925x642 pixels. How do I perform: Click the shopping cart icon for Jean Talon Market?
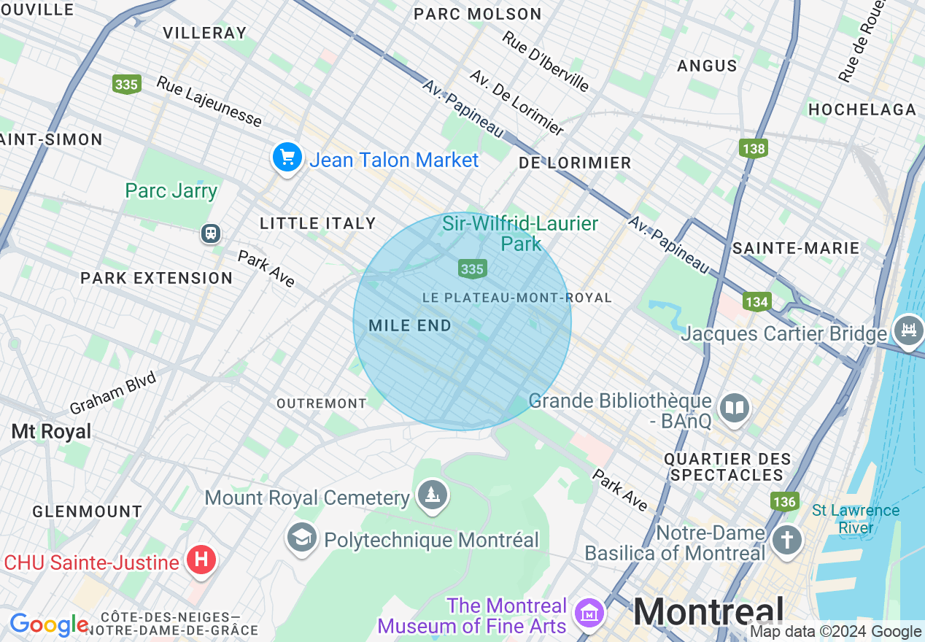click(x=287, y=157)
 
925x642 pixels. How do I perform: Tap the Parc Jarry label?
click(x=171, y=191)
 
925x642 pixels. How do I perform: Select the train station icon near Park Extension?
click(x=211, y=233)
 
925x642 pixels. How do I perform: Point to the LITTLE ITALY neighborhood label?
click(x=318, y=224)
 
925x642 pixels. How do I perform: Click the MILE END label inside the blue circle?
click(x=410, y=326)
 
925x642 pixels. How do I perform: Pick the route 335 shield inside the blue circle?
click(x=472, y=269)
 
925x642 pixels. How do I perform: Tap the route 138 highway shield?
click(x=753, y=149)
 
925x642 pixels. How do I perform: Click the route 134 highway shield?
click(x=757, y=301)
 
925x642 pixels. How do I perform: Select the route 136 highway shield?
click(x=784, y=501)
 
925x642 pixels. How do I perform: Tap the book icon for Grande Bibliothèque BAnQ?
click(x=734, y=409)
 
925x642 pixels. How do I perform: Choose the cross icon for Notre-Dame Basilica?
click(x=787, y=541)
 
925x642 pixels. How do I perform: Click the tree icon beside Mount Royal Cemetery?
click(x=433, y=496)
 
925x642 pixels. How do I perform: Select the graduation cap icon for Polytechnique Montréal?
click(x=302, y=538)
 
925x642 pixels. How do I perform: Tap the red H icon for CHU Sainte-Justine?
click(x=201, y=560)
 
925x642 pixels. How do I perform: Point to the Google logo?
click(x=48, y=624)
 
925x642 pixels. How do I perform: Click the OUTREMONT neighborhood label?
click(x=322, y=403)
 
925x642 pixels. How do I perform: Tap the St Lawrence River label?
click(x=856, y=519)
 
